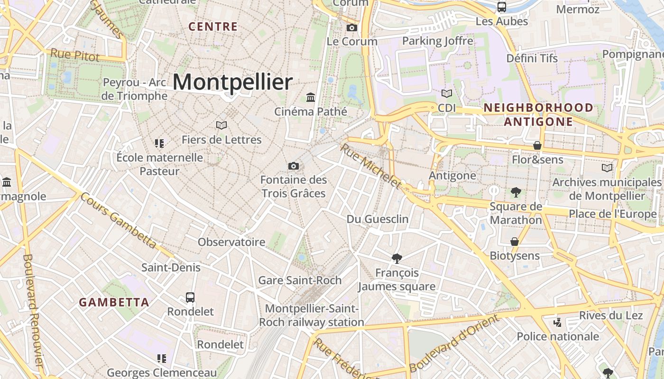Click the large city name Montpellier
tap(232, 82)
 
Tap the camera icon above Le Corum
tap(351, 27)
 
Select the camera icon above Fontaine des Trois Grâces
tap(294, 166)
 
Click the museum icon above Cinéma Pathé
tap(311, 97)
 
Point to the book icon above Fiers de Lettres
tap(221, 125)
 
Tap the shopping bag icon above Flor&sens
tap(537, 145)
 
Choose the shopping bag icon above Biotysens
tap(514, 242)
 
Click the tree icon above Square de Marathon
tap(516, 192)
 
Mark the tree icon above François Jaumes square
tap(397, 258)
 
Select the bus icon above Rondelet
tap(190, 298)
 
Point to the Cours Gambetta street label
tap(118, 220)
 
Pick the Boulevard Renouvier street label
tap(33, 310)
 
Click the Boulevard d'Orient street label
tap(454, 344)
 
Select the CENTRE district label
tap(213, 27)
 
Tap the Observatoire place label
tap(231, 242)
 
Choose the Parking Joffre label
tap(437, 41)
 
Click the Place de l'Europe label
tap(613, 214)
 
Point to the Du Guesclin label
tap(378, 219)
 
